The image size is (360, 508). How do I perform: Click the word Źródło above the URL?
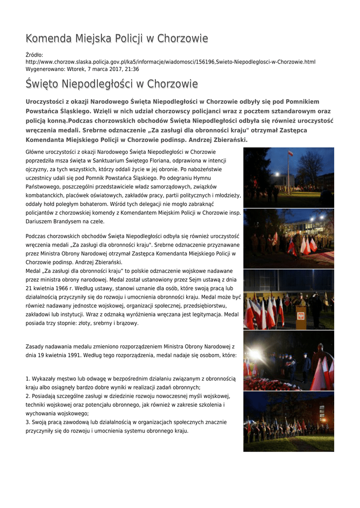click(34, 55)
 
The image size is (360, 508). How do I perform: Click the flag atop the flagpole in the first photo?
click(291, 153)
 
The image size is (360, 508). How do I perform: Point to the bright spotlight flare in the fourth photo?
click(255, 354)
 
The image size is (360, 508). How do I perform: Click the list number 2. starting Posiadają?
click(28, 396)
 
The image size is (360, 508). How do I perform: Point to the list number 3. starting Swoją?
click(28, 422)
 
